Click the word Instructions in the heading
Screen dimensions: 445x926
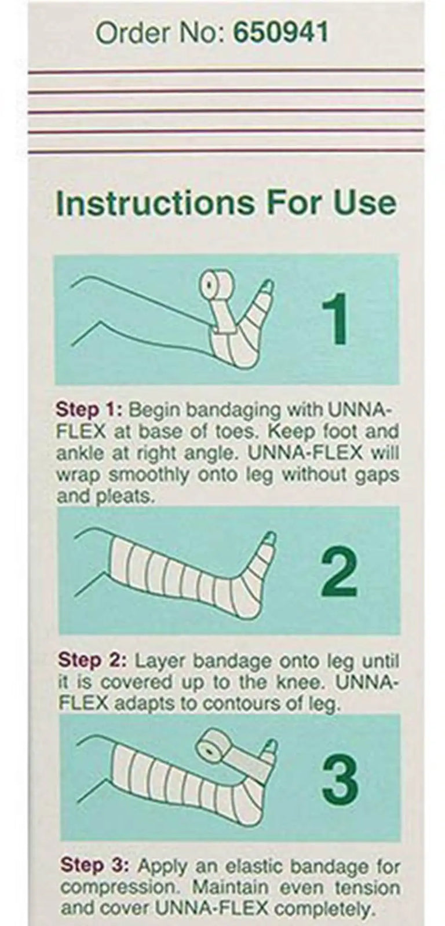pyautogui.click(x=155, y=203)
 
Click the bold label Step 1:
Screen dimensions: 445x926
pyautogui.click(x=89, y=410)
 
